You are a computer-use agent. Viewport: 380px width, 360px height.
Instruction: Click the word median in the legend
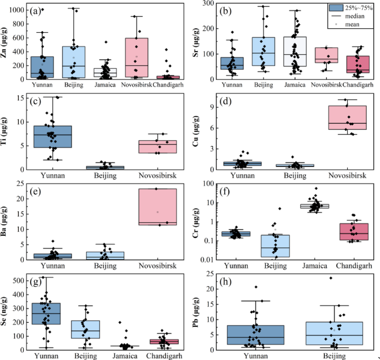(353, 17)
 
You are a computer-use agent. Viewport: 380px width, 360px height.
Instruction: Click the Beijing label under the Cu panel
(288, 177)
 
